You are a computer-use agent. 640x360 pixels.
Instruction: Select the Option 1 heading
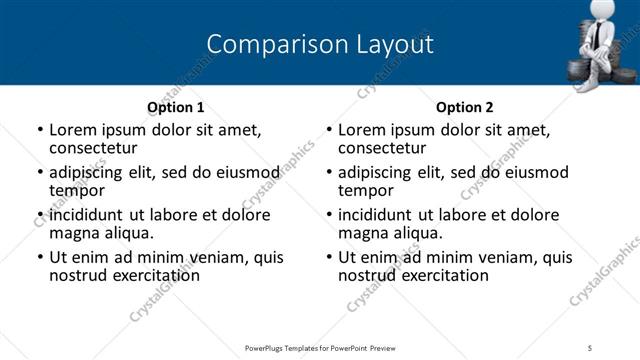click(x=175, y=107)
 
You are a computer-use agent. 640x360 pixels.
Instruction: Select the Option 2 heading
click(x=465, y=107)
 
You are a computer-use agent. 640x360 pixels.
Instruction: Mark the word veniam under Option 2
click(x=506, y=258)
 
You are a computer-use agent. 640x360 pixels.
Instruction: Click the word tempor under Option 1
click(x=76, y=190)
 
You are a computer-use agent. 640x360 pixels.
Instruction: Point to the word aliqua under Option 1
click(x=126, y=233)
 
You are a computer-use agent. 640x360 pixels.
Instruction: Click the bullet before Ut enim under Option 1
click(x=39, y=258)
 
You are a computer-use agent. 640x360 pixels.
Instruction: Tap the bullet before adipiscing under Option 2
click(x=329, y=172)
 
